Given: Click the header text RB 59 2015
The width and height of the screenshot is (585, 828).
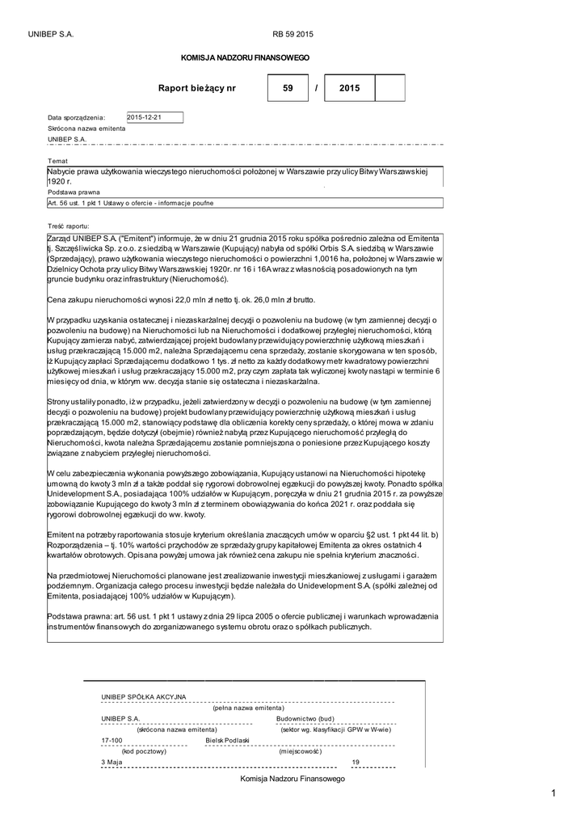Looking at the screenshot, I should pyautogui.click(x=292, y=34).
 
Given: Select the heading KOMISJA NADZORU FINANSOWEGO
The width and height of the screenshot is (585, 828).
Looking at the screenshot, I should pyautogui.click(x=244, y=58).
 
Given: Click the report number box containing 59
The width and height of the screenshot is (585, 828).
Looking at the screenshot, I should pyautogui.click(x=288, y=87).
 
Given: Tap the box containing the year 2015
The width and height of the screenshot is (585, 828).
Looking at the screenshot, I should pyautogui.click(x=349, y=87).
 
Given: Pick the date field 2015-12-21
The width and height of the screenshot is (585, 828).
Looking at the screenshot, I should pyautogui.click(x=155, y=117).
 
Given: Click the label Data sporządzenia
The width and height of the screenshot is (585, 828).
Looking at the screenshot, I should pyautogui.click(x=71, y=118).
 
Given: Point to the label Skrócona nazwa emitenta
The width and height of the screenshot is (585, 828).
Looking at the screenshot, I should pyautogui.click(x=86, y=129).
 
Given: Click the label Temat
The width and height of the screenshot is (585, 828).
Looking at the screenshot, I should pyautogui.click(x=58, y=161).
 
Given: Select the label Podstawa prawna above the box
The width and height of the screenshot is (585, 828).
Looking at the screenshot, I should pyautogui.click(x=74, y=192).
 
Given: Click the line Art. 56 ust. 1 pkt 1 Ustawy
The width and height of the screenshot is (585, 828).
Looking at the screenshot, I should pyautogui.click(x=130, y=203).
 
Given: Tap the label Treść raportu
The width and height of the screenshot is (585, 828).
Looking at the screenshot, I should pyautogui.click(x=69, y=226).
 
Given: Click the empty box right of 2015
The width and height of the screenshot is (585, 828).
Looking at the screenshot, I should pyautogui.click(x=390, y=87).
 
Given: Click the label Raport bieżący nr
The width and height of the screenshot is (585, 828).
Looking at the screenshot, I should pyautogui.click(x=197, y=87).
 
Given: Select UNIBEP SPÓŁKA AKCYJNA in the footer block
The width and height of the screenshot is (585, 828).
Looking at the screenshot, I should pyautogui.click(x=144, y=696).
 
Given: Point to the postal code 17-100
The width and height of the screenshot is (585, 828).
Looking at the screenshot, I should pyautogui.click(x=112, y=740).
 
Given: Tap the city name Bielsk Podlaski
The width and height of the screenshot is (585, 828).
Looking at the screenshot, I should pyautogui.click(x=228, y=740).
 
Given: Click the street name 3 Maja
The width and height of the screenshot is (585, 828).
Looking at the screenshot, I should pyautogui.click(x=112, y=762).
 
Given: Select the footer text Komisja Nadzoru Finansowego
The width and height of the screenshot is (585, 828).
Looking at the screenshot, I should pyautogui.click(x=292, y=778).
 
